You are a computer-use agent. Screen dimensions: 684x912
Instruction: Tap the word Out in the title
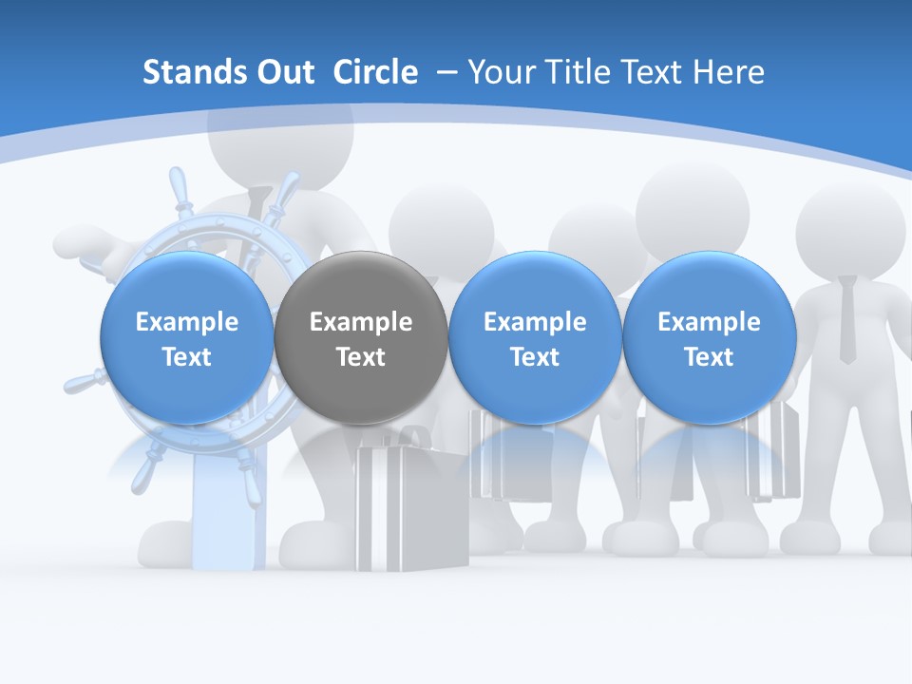(x=282, y=72)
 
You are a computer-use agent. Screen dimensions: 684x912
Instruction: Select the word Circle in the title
(x=375, y=72)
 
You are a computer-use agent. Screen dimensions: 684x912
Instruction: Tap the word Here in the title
(x=730, y=72)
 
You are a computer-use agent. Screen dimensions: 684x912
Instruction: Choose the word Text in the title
(x=655, y=72)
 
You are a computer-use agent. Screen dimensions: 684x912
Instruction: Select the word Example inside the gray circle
(x=361, y=322)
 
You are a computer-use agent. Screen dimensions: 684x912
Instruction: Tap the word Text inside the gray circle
(x=361, y=357)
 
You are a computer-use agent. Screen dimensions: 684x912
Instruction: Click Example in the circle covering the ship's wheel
(x=186, y=322)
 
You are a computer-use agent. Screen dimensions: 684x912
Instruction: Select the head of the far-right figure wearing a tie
(x=850, y=228)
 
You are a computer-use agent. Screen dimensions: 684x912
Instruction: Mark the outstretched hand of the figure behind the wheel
(x=85, y=243)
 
